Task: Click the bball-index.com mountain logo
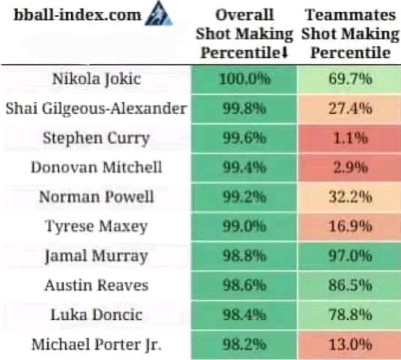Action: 159,17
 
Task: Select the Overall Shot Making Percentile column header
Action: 244,34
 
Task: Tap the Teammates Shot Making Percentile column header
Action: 350,34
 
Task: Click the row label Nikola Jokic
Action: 96,79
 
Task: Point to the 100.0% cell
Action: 244,79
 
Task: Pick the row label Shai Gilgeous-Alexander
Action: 96,109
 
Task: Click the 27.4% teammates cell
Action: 350,109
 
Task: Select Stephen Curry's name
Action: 96,138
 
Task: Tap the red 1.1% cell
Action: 350,138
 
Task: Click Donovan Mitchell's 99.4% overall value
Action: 244,168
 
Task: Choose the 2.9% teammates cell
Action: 350,168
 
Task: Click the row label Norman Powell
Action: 96,197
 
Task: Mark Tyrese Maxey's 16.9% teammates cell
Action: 350,227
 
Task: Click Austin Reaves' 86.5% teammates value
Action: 350,286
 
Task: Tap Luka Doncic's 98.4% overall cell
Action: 244,315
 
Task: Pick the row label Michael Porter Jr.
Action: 96,344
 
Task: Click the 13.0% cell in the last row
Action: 350,344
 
